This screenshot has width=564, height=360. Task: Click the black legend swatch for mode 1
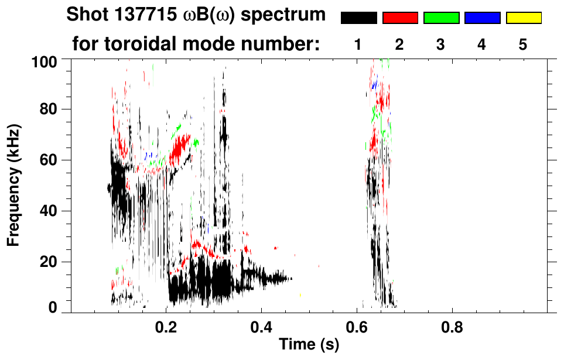359,18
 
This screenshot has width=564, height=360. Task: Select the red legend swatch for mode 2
400,18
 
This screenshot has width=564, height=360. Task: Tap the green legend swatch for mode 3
441,18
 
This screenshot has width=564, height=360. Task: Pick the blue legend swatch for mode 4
482,18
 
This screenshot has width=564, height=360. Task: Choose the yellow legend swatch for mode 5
523,18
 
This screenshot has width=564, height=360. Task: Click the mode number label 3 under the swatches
440,44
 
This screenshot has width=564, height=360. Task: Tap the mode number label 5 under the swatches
523,44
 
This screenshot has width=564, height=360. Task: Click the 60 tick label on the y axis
50,160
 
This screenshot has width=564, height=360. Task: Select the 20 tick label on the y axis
50,262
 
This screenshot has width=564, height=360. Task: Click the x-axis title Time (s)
308,345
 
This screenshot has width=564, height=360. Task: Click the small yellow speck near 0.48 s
300,295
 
